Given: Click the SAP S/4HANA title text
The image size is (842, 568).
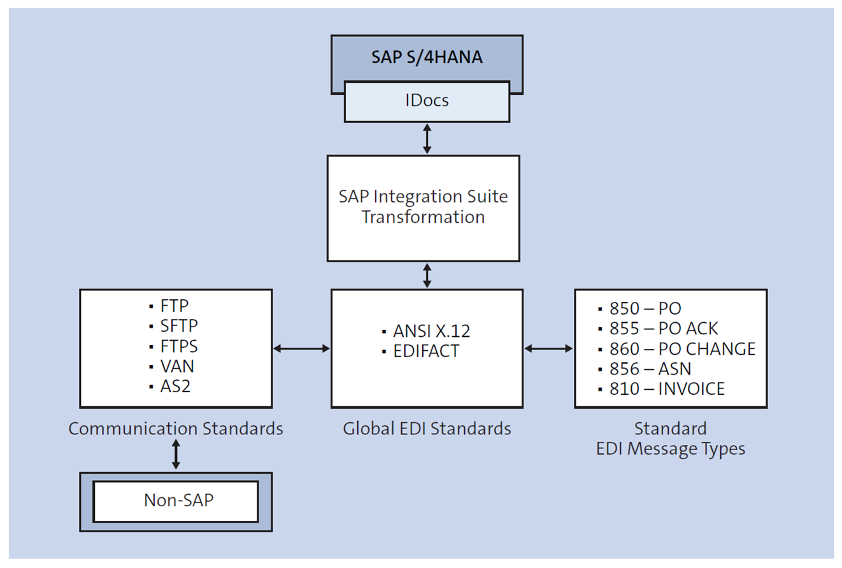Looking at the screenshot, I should pyautogui.click(x=427, y=57).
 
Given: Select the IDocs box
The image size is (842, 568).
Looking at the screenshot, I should pyautogui.click(x=427, y=101).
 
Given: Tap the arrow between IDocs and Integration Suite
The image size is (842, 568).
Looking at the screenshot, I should pyautogui.click(x=427, y=139).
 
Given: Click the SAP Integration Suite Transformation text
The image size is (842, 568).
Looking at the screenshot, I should pyautogui.click(x=424, y=207).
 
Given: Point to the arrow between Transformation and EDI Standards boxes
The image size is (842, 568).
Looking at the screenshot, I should pyautogui.click(x=427, y=275).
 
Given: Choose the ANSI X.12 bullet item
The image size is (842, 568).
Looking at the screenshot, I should pyautogui.click(x=424, y=332).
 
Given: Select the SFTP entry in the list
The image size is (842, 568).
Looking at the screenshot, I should pyautogui.click(x=179, y=325).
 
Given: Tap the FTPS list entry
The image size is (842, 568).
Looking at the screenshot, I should pyautogui.click(x=179, y=346).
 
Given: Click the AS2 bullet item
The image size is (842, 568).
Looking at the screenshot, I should pyautogui.click(x=175, y=387).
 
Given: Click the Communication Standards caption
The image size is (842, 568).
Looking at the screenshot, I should pyautogui.click(x=176, y=429).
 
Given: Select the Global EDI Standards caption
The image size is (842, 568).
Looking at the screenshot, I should pyautogui.click(x=427, y=429).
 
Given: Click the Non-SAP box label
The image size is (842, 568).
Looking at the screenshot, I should pyautogui.click(x=176, y=501).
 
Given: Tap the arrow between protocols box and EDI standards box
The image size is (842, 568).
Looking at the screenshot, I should pyautogui.click(x=301, y=348).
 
